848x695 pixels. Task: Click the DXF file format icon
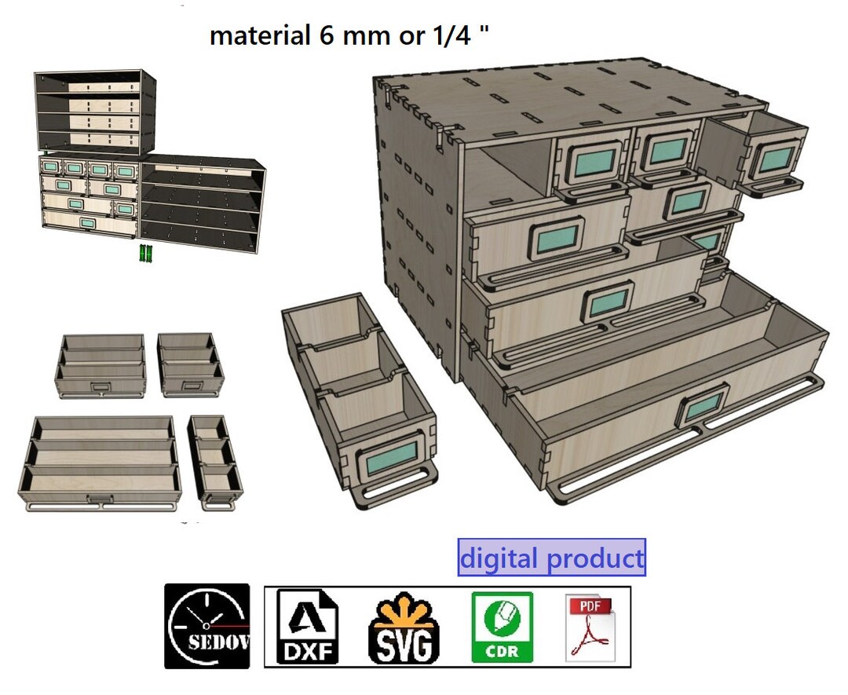[x=307, y=627]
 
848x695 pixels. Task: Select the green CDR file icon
[x=502, y=627]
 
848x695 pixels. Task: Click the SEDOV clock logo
[x=207, y=626]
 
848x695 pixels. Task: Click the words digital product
[x=552, y=558]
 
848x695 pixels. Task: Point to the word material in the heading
[x=260, y=35]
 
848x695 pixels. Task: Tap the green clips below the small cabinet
[x=146, y=253]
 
